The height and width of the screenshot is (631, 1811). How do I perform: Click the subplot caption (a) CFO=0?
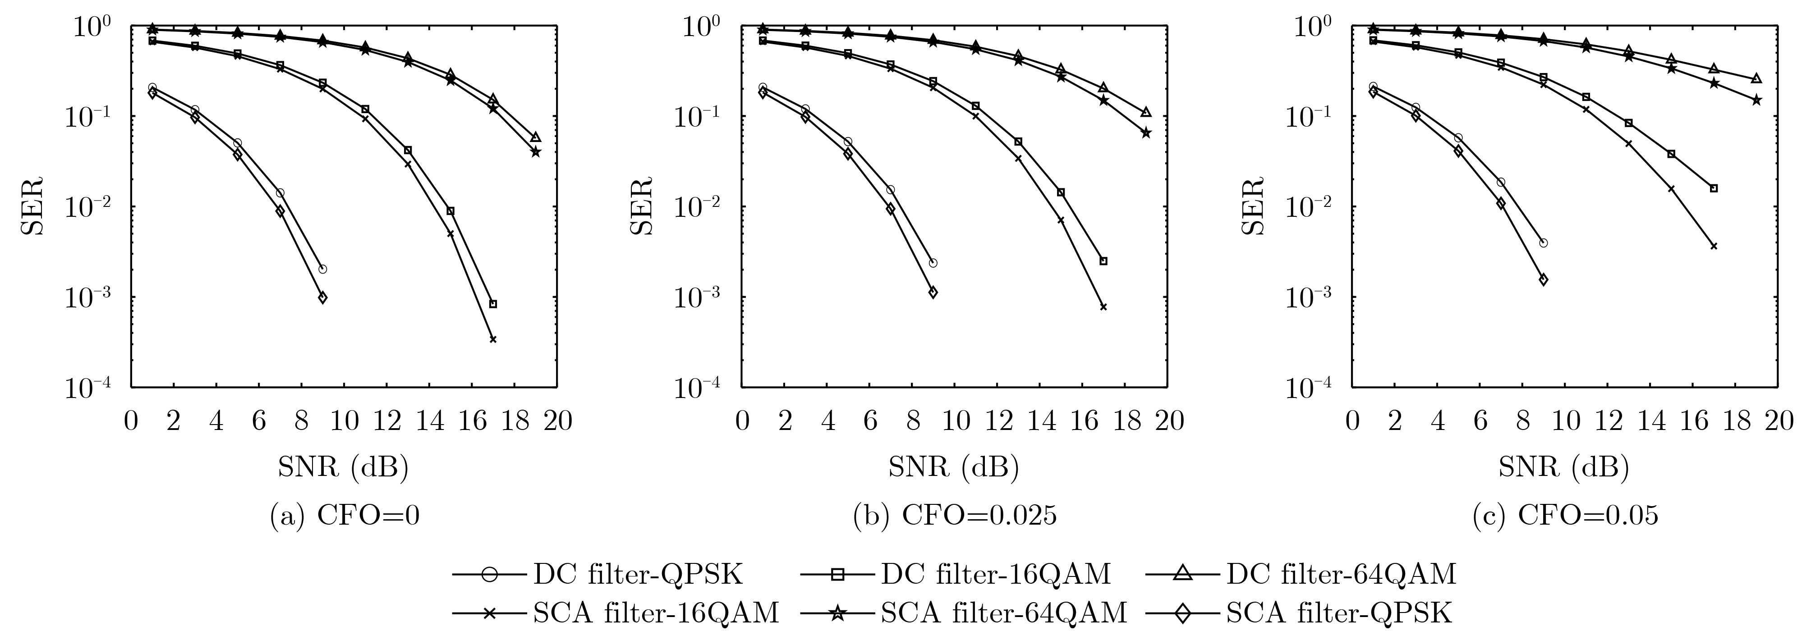[x=345, y=516]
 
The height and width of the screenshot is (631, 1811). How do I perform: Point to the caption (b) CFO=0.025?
[x=954, y=516]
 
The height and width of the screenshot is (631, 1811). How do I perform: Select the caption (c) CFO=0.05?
[x=1564, y=516]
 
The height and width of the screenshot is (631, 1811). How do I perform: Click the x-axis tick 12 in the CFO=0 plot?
[x=386, y=421]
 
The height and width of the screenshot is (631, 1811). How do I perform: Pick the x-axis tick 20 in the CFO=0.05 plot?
[x=1779, y=421]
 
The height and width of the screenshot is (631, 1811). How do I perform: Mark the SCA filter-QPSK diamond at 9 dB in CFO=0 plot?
[x=323, y=297]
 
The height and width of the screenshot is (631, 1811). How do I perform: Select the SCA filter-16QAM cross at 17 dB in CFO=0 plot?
[x=493, y=339]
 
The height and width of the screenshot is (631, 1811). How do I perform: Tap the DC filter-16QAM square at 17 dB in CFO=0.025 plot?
[x=1103, y=261]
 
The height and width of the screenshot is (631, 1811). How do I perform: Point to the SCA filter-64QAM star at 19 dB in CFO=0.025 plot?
[x=1146, y=133]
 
